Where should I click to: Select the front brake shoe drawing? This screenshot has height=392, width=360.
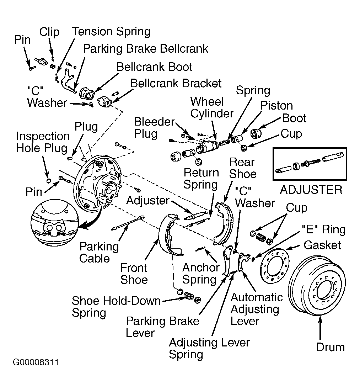tap(170, 235)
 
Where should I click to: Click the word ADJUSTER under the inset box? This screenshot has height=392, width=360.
tap(311, 190)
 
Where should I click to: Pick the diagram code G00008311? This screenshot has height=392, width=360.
tap(36, 362)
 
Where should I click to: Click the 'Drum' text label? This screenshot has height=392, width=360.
tap(331, 347)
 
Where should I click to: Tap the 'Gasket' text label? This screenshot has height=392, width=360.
tap(322, 245)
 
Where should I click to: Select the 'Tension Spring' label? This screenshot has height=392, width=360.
tap(111, 32)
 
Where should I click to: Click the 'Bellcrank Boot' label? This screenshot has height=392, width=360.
tap(154, 67)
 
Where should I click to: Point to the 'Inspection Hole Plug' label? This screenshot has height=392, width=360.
tap(43, 142)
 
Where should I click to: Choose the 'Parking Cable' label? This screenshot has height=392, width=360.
tap(99, 253)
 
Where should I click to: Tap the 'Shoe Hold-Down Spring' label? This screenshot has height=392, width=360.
tap(116, 307)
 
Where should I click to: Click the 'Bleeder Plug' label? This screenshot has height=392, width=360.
tap(154, 128)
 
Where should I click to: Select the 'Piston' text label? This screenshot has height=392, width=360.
tap(276, 106)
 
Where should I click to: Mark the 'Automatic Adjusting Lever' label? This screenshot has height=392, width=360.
tap(257, 309)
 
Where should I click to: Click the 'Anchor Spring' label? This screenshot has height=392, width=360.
tap(200, 274)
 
